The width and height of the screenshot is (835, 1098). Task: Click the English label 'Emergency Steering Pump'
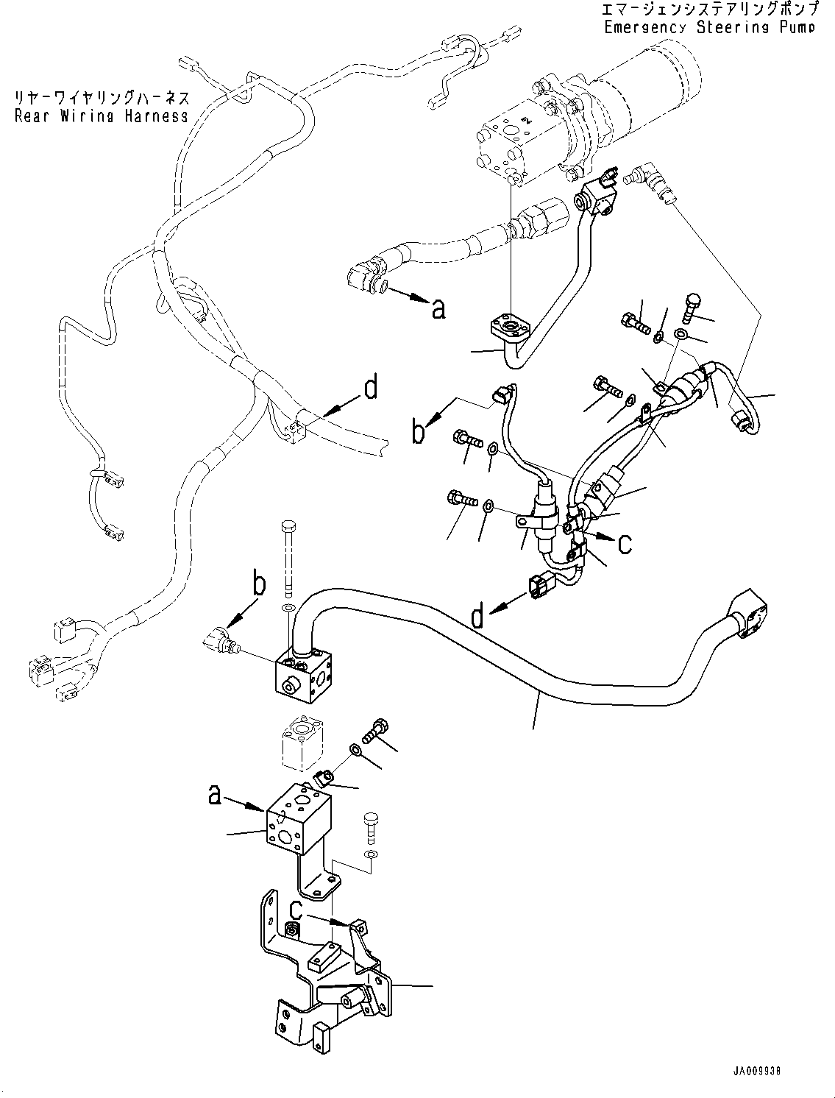pos(708,27)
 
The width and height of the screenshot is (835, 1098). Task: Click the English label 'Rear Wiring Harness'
pos(102,116)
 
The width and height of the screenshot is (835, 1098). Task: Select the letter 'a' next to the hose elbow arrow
pos(438,309)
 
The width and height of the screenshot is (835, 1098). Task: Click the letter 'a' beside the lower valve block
pos(215,796)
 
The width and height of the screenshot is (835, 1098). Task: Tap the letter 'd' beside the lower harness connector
pos(478,614)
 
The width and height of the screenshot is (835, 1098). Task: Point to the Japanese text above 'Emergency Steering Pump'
pos(708,10)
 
